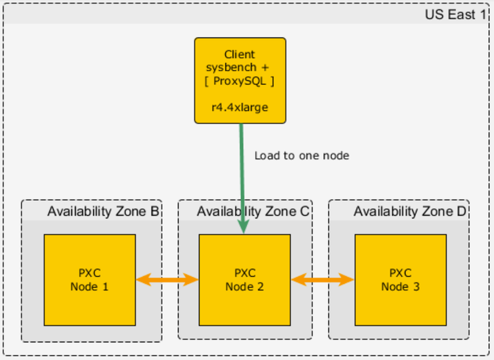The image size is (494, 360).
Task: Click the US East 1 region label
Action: pyautogui.click(x=455, y=14)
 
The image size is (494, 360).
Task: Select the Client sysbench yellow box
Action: pyautogui.click(x=240, y=80)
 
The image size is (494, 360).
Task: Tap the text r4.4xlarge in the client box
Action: pyautogui.click(x=240, y=107)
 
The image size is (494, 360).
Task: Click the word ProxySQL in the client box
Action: pyautogui.click(x=240, y=81)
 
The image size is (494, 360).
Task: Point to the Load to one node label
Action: pyautogui.click(x=302, y=156)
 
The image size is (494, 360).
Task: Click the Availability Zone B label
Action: pyautogui.click(x=103, y=212)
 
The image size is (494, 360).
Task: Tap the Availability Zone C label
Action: pyautogui.click(x=253, y=212)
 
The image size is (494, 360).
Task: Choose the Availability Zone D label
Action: pyautogui.click(x=410, y=212)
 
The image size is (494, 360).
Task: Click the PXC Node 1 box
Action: pyautogui.click(x=89, y=279)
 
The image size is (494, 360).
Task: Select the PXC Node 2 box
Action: pyautogui.click(x=245, y=279)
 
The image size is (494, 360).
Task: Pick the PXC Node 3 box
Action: pyautogui.click(x=400, y=279)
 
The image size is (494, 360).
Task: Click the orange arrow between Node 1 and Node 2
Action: pyautogui.click(x=167, y=280)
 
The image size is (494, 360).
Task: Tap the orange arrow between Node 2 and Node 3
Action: pyautogui.click(x=322, y=280)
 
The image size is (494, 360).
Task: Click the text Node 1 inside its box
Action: pyautogui.click(x=89, y=287)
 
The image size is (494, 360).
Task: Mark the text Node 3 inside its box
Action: pyautogui.click(x=400, y=287)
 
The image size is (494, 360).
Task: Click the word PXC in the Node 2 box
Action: pyautogui.click(x=245, y=273)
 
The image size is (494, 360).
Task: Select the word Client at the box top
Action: pyautogui.click(x=240, y=54)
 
